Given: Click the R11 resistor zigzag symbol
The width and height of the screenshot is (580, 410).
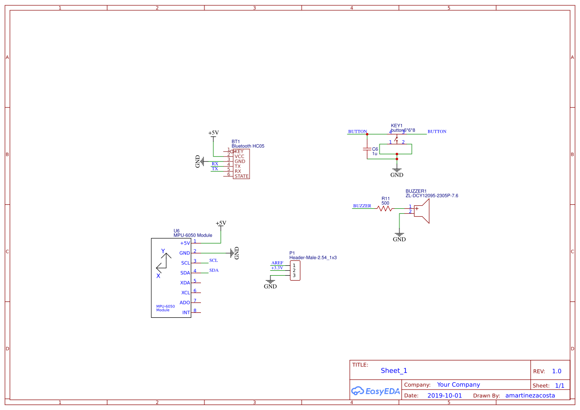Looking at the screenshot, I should (385, 209).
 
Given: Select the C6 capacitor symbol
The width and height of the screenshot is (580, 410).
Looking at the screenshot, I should (367, 149).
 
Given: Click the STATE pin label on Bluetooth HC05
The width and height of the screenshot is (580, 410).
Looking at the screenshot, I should (242, 176).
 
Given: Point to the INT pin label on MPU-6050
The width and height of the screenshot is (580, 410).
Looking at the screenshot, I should (186, 313).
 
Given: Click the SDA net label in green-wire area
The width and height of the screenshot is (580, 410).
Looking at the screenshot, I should (214, 270).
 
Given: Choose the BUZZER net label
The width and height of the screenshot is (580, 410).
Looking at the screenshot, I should (362, 206).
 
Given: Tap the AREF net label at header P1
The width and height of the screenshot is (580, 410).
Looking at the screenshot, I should (277, 263).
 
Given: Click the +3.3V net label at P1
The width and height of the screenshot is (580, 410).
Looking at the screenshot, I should (277, 268).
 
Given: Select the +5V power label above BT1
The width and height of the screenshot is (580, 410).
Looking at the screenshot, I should (213, 133).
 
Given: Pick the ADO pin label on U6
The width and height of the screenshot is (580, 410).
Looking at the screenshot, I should (185, 303).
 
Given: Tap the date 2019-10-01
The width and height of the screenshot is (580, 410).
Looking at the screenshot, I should (445, 396).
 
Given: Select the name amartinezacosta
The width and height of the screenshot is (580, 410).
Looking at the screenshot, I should (530, 396).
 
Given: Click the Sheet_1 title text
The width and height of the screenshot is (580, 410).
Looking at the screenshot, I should (394, 371).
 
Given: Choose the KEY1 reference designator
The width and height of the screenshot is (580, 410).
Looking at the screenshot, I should (397, 126).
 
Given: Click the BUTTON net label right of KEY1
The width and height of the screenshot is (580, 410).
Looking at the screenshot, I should (437, 132).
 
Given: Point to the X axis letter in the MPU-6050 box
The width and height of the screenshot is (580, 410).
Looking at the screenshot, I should (158, 276).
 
